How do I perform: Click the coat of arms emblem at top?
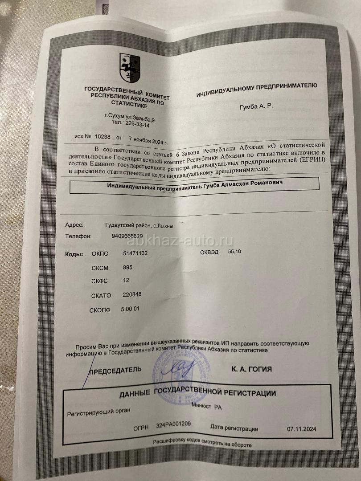pyautogui.click(x=130, y=67)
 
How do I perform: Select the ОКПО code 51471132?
pyautogui.click(x=135, y=253)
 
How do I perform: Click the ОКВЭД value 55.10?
pyautogui.click(x=234, y=252)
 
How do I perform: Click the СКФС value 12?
pyautogui.click(x=125, y=281)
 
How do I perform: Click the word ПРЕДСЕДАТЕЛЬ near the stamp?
pyautogui.click(x=115, y=370)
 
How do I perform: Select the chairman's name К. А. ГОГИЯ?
pyautogui.click(x=252, y=369)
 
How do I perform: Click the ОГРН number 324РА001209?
pyautogui.click(x=174, y=425)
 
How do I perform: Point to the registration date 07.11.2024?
pyautogui.click(x=302, y=429)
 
